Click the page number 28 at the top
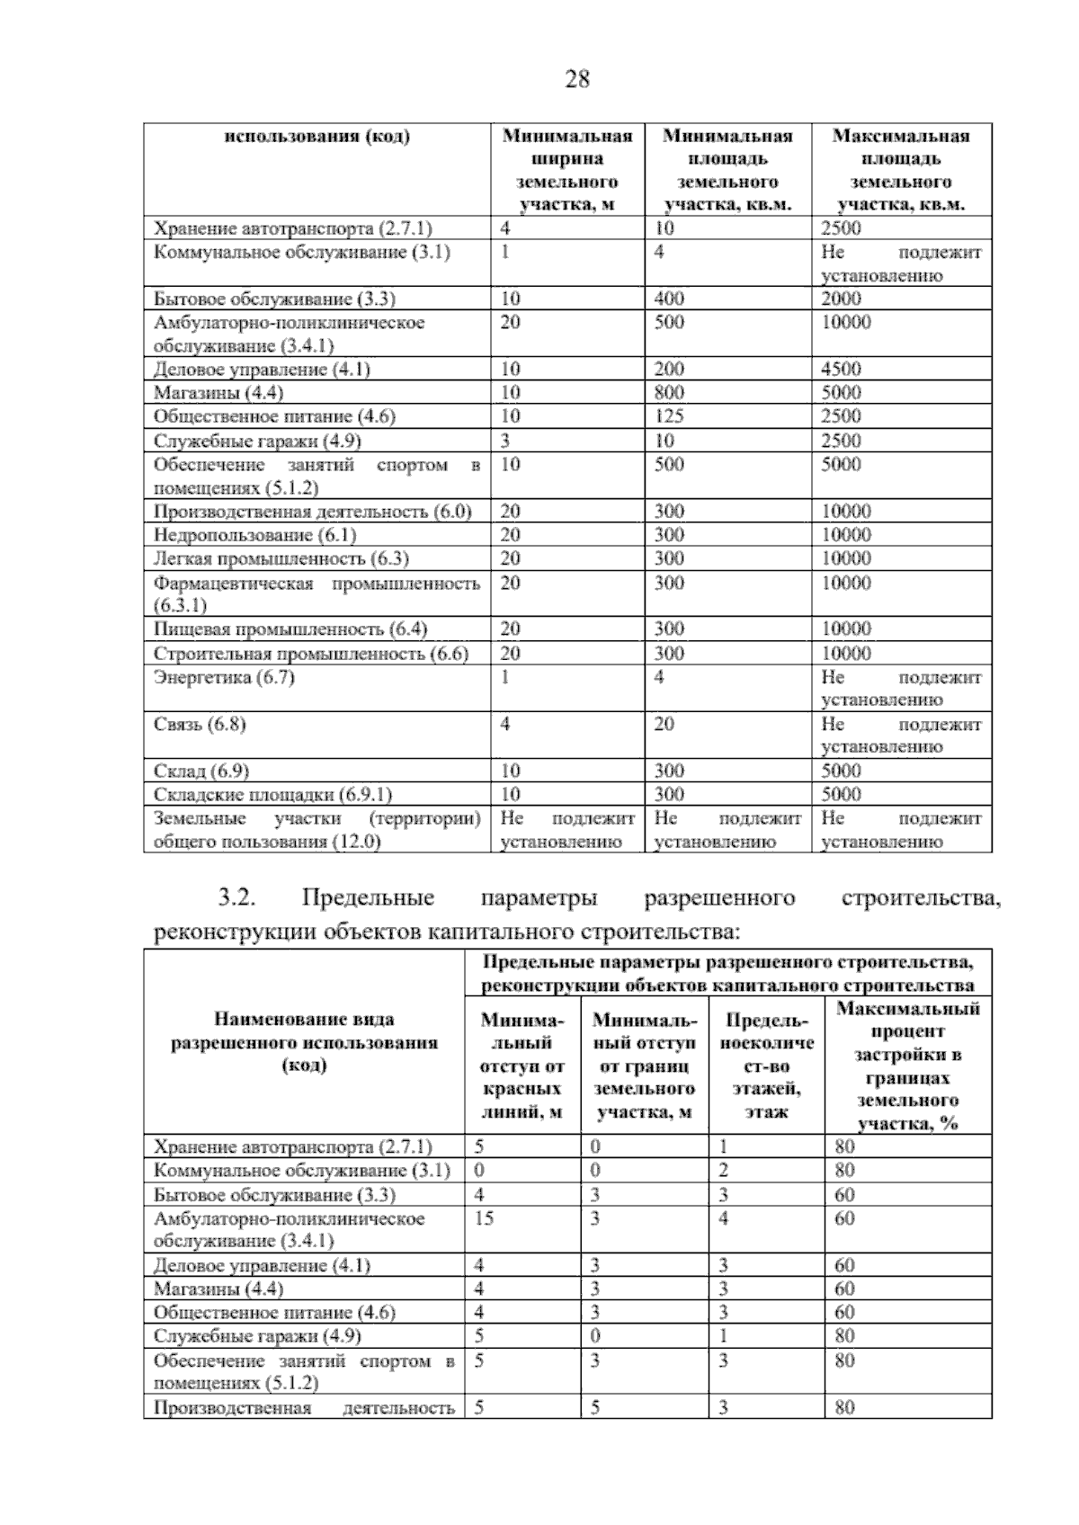(x=576, y=81)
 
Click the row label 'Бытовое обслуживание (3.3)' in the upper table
(x=274, y=299)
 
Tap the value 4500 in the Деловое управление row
(x=841, y=370)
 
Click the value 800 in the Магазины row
(x=669, y=393)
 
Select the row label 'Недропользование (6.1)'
(x=255, y=536)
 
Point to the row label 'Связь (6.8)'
(x=200, y=725)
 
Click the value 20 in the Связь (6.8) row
(x=664, y=725)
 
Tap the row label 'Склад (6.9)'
(x=201, y=771)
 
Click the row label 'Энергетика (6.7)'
(x=224, y=678)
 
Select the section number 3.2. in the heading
(x=238, y=898)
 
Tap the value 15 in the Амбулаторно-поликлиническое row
(x=484, y=1219)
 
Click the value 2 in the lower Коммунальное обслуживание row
(x=723, y=1171)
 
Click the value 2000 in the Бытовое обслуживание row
(x=841, y=299)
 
